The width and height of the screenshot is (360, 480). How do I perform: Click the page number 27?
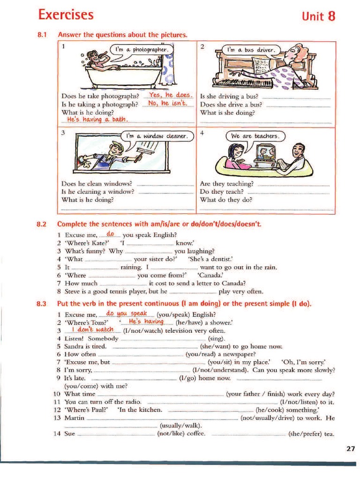[x=351, y=449]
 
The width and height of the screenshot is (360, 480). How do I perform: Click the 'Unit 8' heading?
[x=319, y=16]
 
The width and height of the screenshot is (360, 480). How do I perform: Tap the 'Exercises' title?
[x=66, y=15]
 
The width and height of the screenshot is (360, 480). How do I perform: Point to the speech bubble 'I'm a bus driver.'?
[x=251, y=50]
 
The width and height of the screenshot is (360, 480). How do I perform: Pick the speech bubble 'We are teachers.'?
[x=255, y=136]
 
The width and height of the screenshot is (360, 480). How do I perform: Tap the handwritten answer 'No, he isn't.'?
[x=167, y=104]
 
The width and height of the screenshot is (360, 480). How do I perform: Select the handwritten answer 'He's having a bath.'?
[x=97, y=120]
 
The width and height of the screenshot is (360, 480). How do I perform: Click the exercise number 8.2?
[x=42, y=224]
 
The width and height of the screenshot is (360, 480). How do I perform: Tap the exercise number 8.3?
[x=42, y=304]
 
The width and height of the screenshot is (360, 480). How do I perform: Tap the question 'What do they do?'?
[x=226, y=199]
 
